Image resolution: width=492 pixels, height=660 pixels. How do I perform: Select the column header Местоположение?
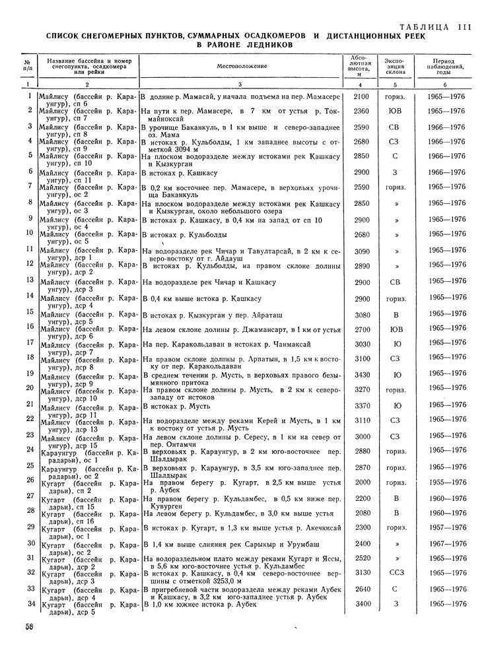click(x=241, y=67)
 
